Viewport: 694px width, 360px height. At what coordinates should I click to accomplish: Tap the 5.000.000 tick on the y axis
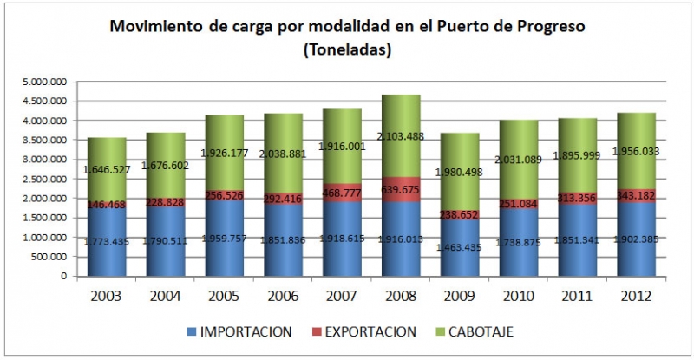click(x=44, y=82)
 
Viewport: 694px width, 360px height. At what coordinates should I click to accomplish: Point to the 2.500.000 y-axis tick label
click(x=44, y=180)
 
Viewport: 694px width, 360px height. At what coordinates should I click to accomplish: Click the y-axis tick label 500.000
click(x=49, y=258)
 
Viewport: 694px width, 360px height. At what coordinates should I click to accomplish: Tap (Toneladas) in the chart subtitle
click(x=347, y=50)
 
